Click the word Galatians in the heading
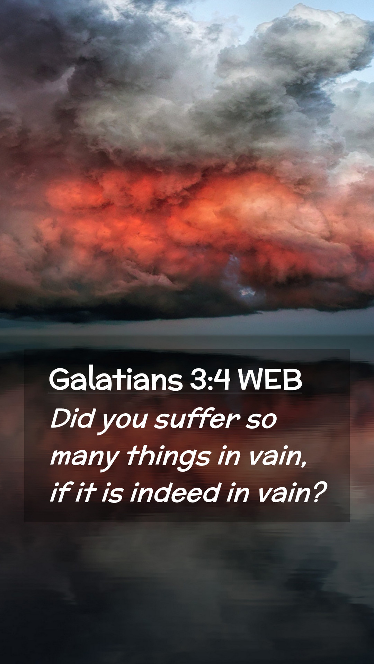116,379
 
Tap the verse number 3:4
210,380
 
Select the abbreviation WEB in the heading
270,380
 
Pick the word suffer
197,418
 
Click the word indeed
175,492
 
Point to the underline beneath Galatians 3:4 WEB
175,393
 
